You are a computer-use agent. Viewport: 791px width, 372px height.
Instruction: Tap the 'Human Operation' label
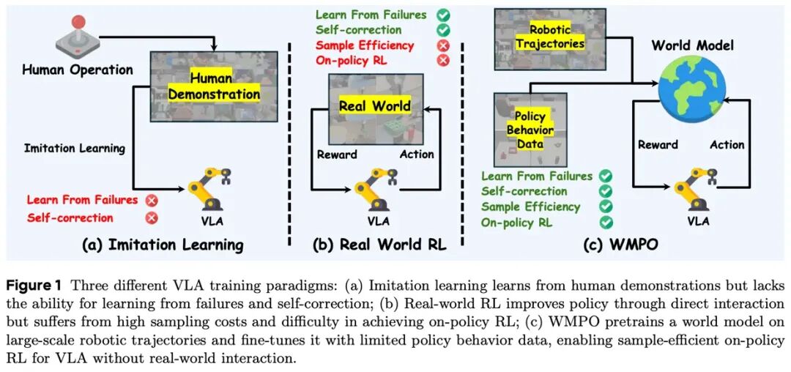point(78,70)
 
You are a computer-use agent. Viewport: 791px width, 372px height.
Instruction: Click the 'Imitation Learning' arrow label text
point(75,148)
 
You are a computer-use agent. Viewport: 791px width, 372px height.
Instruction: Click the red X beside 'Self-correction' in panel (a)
point(152,217)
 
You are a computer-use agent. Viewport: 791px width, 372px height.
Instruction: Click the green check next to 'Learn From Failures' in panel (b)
point(442,15)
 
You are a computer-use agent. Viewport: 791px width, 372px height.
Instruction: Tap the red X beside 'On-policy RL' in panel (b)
point(442,60)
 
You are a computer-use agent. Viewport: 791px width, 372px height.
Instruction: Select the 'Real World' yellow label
point(374,106)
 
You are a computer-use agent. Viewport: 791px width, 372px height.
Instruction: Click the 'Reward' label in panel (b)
point(337,155)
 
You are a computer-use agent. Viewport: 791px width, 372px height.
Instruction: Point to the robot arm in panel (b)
point(374,189)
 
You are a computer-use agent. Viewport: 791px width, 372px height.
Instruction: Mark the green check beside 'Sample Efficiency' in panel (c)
point(605,207)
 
